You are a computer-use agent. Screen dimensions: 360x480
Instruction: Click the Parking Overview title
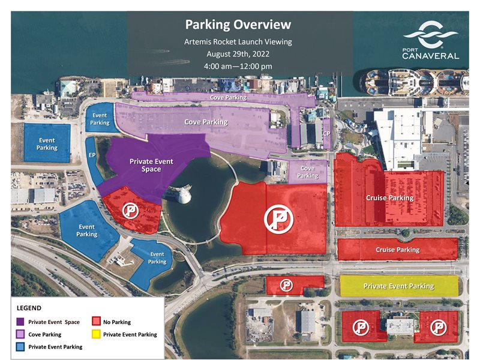pos(238,25)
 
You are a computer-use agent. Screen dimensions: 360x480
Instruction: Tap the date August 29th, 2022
pos(238,53)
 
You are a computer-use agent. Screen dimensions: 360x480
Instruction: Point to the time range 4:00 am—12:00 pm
pos(238,65)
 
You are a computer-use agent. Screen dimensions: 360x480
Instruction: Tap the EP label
pos(92,155)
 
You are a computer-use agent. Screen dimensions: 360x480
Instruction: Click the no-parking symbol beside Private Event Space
pos(130,210)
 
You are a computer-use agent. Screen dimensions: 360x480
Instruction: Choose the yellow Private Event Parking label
pos(398,286)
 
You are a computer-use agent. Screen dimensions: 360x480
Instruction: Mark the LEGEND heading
pos(29,308)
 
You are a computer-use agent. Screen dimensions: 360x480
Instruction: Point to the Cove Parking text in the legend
pos(44,335)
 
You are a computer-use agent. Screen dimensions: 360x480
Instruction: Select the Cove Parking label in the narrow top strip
pos(227,97)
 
